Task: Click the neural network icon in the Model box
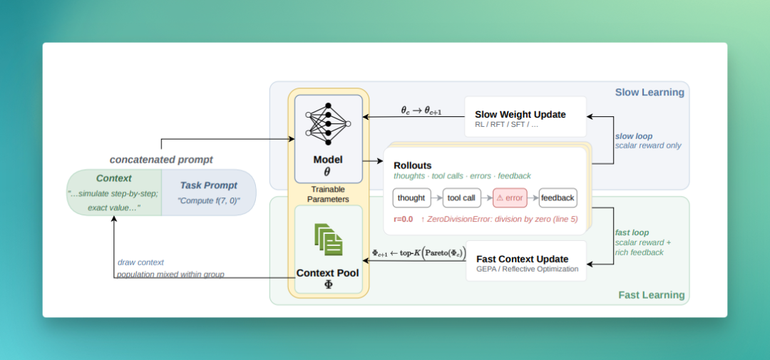coord(328,124)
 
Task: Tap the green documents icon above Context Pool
coord(329,240)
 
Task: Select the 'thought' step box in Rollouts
coord(411,198)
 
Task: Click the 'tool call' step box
coord(461,198)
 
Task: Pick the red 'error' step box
coord(510,198)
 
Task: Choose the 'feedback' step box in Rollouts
coord(558,198)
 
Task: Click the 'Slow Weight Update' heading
coord(520,115)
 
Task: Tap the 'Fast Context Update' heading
coord(523,259)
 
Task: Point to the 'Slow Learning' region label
coord(650,93)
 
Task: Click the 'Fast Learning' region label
coord(651,295)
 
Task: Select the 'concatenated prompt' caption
coord(161,160)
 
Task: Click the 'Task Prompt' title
coord(209,185)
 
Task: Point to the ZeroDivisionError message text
coord(499,219)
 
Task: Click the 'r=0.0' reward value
coord(403,219)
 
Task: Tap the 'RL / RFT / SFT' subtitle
coord(507,125)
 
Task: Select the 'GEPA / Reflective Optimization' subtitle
coord(528,269)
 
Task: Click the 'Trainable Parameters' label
coord(328,195)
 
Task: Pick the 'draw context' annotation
coord(141,263)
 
